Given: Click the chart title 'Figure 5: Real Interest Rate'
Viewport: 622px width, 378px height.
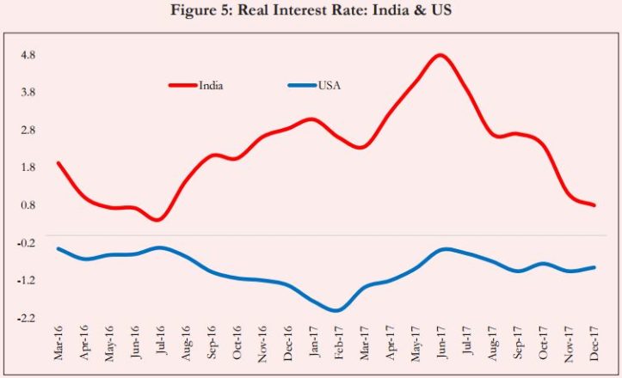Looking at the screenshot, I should [311, 10].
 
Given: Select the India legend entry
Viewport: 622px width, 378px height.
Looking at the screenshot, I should [211, 85].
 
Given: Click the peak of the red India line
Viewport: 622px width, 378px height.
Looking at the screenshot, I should [440, 56].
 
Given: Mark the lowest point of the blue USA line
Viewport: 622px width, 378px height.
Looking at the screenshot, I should [337, 309].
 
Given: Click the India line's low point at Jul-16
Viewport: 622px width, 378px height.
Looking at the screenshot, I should [157, 219].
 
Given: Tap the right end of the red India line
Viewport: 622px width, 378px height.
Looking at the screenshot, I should [594, 205].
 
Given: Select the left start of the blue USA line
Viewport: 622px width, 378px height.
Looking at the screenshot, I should [59, 249].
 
